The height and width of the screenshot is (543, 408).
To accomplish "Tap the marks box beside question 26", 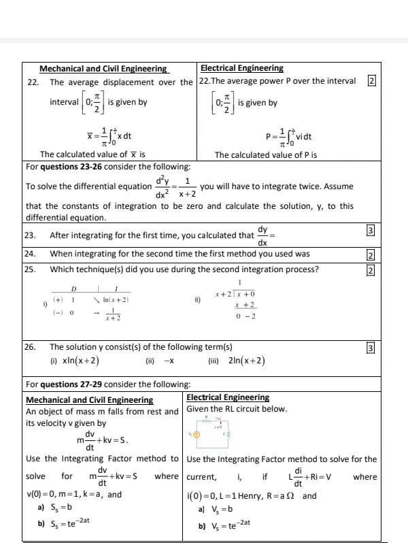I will pyautogui.click(x=371, y=348).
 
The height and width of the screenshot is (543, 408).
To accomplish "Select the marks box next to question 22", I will pyautogui.click(x=371, y=81).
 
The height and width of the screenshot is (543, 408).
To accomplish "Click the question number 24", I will pyautogui.click(x=30, y=254).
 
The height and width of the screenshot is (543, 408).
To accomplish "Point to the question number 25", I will pyautogui.click(x=30, y=269).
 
